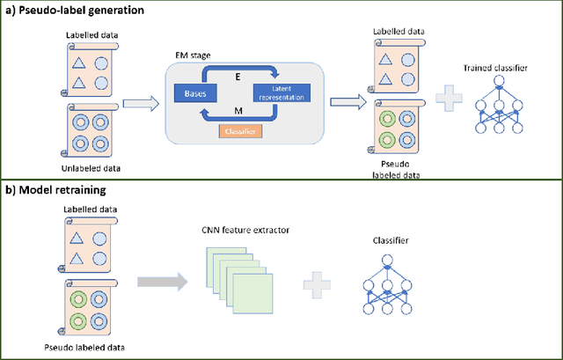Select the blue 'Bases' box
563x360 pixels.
click(193, 92)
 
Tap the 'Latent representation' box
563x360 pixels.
click(279, 92)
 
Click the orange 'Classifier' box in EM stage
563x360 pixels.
click(236, 132)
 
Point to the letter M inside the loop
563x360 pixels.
click(235, 109)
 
